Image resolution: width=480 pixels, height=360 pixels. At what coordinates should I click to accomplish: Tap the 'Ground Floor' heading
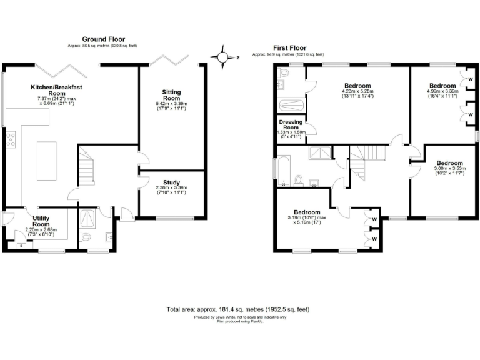click(99, 39)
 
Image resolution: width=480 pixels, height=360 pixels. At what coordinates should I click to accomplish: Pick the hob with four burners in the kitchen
click(11, 139)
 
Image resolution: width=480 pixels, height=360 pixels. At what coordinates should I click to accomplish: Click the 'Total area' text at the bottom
click(237, 309)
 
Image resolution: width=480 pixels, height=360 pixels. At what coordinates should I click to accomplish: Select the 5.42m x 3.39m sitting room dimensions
click(171, 106)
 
